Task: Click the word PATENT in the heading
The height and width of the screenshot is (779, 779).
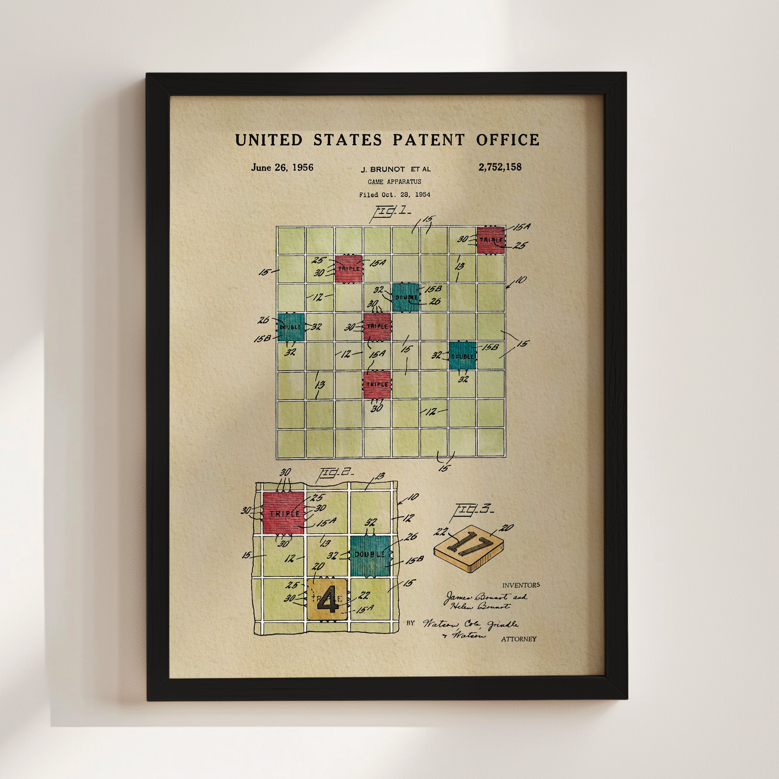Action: point(429,140)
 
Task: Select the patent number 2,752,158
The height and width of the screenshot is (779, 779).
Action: point(500,167)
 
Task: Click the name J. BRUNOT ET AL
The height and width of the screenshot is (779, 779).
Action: point(395,169)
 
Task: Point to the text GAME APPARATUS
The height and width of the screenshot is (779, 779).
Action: point(394,182)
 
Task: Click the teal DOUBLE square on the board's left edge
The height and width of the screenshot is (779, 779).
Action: point(290,327)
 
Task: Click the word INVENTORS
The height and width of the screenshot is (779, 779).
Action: point(521,585)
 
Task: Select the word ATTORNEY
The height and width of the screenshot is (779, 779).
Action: point(519,639)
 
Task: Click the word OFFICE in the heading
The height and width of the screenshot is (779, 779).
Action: point(507,140)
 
